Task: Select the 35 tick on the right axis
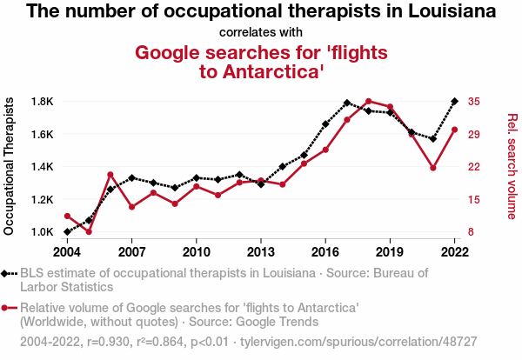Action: pos(472,102)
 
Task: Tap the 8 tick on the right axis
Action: pos(470,232)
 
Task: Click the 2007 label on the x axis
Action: pos(131,252)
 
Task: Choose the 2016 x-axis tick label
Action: pos(325,252)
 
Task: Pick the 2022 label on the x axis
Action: pos(454,252)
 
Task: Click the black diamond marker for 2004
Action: pos(67,232)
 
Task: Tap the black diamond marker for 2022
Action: pos(454,102)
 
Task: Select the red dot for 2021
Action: pos(432,168)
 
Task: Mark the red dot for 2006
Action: pos(110,175)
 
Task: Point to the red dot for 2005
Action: pos(89,231)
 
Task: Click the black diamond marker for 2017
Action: pos(347,103)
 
